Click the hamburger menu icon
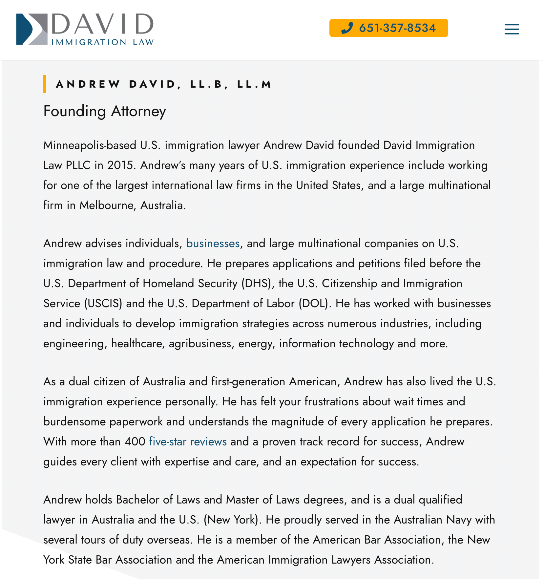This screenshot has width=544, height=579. [x=512, y=29]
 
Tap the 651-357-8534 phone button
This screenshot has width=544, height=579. [x=388, y=28]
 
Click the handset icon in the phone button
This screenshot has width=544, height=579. [x=347, y=28]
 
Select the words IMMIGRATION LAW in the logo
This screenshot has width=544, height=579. [x=102, y=42]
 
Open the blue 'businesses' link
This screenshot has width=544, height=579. [x=213, y=244]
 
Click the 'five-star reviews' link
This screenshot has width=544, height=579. [x=188, y=442]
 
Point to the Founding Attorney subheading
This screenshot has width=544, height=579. [x=105, y=111]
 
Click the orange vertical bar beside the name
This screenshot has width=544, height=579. [x=45, y=84]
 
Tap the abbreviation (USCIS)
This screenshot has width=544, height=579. [x=103, y=304]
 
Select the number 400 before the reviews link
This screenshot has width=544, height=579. [x=135, y=442]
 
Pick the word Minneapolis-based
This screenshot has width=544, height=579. [x=90, y=145]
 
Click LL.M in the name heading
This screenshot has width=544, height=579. [x=254, y=84]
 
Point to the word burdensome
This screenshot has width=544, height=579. [x=74, y=422]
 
